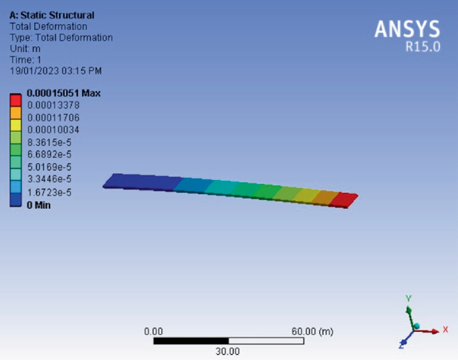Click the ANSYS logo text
(407, 29)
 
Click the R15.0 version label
(423, 48)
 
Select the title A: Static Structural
(51, 15)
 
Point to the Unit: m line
(25, 49)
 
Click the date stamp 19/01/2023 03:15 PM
(55, 70)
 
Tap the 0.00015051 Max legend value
(64, 93)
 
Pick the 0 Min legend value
(38, 205)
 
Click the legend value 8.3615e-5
(49, 143)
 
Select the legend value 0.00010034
(53, 130)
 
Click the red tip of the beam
(345, 199)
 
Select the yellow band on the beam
(306, 195)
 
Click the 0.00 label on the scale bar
(154, 331)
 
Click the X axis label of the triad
(445, 330)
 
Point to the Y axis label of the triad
(409, 298)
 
